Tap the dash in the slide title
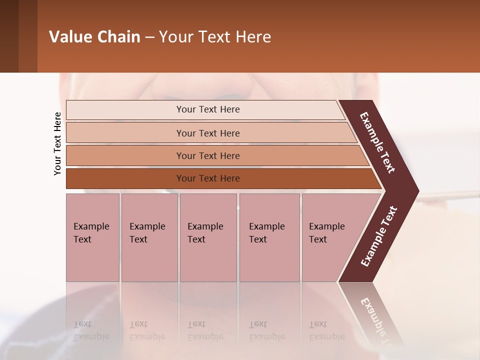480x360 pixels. [x=150, y=37]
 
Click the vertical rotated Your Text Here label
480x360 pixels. [x=57, y=143]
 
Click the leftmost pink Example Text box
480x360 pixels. [x=92, y=237]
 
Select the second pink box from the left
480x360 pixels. [x=149, y=237]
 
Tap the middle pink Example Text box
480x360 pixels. [x=208, y=237]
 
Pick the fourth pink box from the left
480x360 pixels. [x=269, y=237]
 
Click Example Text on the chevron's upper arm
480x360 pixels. [x=377, y=142]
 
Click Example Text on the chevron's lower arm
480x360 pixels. [x=378, y=236]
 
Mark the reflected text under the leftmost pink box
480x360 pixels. [x=91, y=330]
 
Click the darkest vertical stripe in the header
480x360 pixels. [x=9, y=36]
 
